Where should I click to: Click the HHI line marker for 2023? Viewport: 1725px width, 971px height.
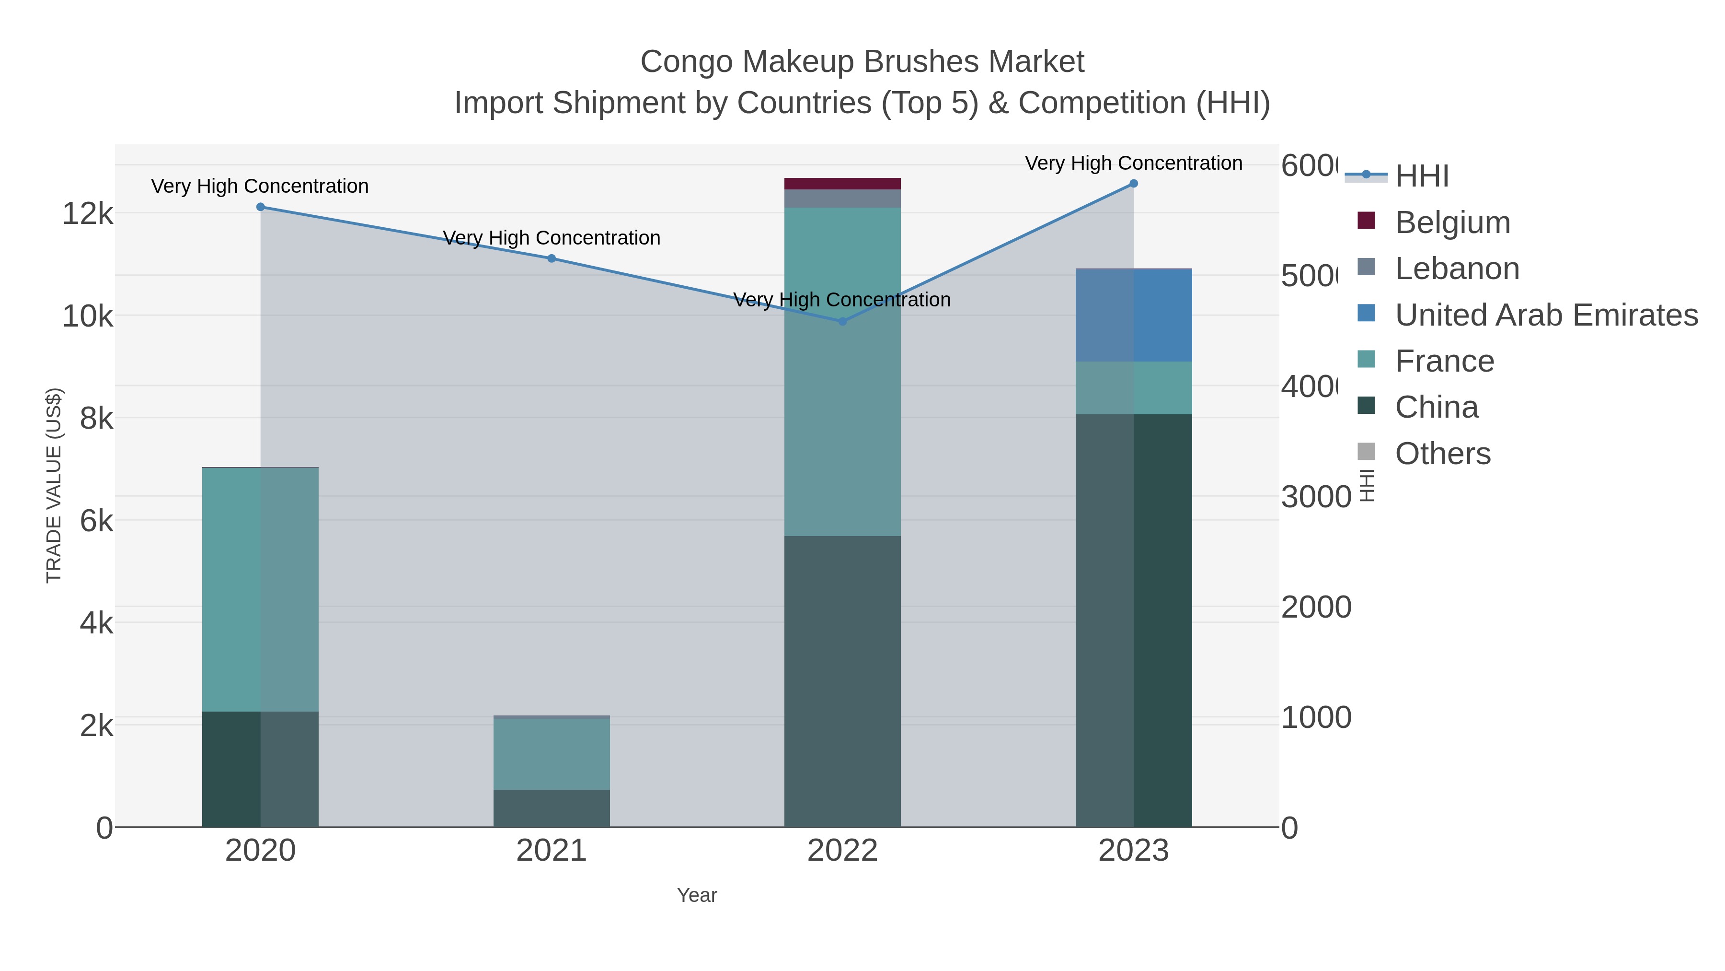(1133, 184)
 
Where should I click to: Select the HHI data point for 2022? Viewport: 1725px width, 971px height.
(842, 322)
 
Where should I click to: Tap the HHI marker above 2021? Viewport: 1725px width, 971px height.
(551, 258)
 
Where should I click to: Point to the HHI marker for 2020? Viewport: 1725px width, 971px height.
(261, 207)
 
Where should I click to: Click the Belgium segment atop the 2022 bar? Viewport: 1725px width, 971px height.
(842, 184)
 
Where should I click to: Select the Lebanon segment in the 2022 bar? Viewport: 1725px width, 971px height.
(842, 199)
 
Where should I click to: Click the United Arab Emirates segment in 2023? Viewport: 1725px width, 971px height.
(1133, 316)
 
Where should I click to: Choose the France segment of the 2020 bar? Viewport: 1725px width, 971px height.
(261, 590)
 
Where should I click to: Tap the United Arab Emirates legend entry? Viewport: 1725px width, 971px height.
(1545, 315)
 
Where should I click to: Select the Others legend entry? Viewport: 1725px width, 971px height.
(1442, 454)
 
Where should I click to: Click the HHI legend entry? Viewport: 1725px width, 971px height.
(1421, 176)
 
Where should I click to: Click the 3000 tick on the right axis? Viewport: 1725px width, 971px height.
(1316, 497)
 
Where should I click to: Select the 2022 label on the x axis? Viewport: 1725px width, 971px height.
(842, 851)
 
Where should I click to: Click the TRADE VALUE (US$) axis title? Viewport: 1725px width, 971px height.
(54, 485)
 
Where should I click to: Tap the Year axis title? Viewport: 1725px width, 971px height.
(696, 895)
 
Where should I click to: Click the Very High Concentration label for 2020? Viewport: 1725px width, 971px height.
(260, 187)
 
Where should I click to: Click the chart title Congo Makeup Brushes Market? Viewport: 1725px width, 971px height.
(862, 62)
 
